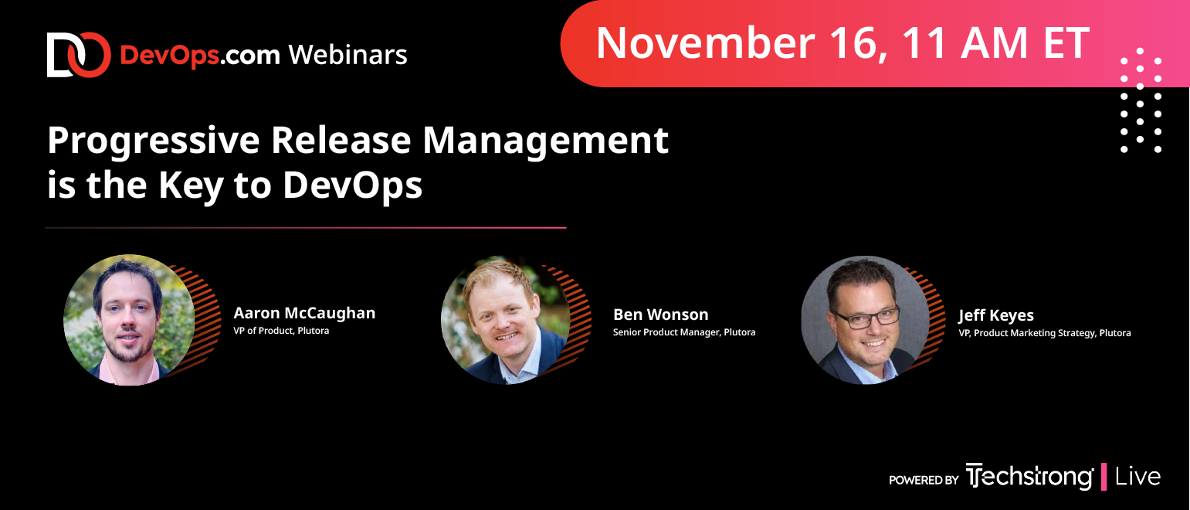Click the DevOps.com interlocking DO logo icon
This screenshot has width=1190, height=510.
click(79, 55)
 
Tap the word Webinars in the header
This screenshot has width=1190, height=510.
click(348, 55)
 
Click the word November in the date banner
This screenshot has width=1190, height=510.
click(706, 42)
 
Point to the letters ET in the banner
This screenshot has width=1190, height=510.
click(1066, 42)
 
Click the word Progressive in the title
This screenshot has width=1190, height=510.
click(154, 141)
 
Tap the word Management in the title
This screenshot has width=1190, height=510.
click(545, 141)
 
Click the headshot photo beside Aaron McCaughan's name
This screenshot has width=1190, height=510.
click(129, 320)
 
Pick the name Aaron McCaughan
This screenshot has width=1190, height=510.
click(304, 313)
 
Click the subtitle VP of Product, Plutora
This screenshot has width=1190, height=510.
click(281, 331)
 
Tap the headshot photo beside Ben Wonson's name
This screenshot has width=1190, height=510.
click(506, 320)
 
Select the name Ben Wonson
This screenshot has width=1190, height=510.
click(660, 314)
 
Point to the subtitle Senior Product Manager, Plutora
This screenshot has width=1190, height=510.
click(683, 332)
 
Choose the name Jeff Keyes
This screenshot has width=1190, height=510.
click(996, 316)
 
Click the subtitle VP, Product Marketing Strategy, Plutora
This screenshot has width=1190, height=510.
click(1045, 333)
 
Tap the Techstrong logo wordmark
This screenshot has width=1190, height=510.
click(1029, 477)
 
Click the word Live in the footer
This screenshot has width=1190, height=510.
click(1137, 477)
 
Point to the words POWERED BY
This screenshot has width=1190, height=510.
click(924, 480)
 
